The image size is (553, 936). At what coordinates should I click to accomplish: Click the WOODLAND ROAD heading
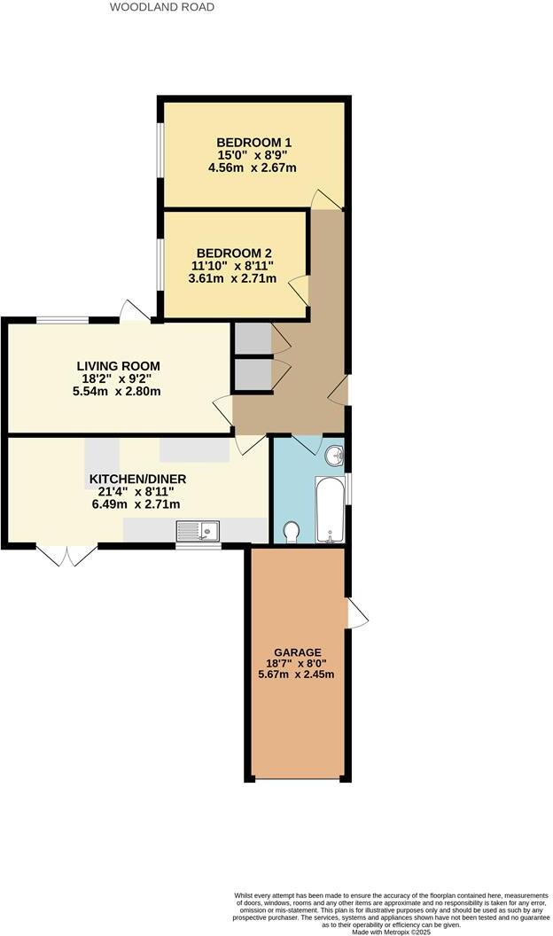pos(161,7)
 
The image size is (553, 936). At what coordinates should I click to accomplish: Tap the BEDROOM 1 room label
pos(254,143)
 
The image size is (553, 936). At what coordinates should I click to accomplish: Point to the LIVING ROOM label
pos(118,366)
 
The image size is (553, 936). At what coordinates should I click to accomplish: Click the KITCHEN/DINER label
pos(137,480)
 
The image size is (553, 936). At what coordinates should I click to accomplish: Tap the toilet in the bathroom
pos(292,531)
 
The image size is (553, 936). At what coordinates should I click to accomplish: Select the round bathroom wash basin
pos(334,456)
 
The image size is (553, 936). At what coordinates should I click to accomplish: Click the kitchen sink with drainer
pos(199,531)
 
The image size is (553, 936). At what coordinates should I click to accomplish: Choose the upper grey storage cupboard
pos(253,338)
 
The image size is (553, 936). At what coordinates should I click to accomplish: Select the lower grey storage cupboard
pos(253,374)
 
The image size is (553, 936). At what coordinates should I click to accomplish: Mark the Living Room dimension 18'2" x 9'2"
pos(118,378)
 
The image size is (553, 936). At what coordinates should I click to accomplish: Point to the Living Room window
pos(63,320)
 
